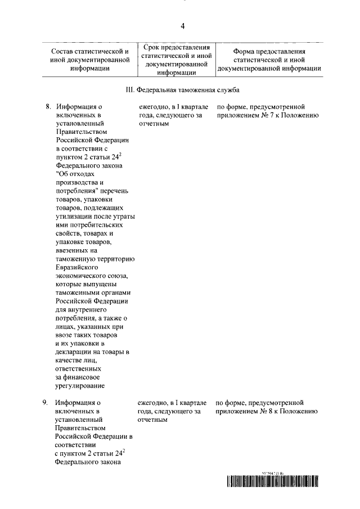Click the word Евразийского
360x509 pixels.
click(x=79, y=267)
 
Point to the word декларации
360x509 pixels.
click(x=75, y=352)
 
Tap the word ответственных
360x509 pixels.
click(x=79, y=368)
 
